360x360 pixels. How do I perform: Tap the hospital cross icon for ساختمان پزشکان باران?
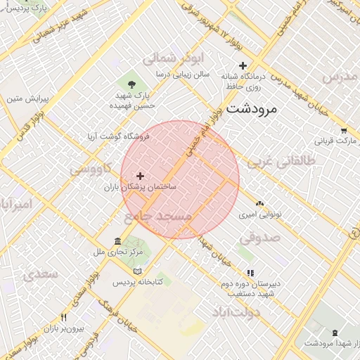140,176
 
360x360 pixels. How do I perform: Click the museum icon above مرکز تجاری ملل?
116,241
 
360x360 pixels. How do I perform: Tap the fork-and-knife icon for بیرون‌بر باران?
63,318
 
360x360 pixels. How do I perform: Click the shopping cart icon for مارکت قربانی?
343,130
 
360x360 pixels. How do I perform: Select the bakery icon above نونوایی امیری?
260,203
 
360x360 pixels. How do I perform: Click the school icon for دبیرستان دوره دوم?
250,273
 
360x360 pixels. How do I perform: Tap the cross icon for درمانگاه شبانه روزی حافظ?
243,65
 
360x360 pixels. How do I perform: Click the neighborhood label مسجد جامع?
157,215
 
